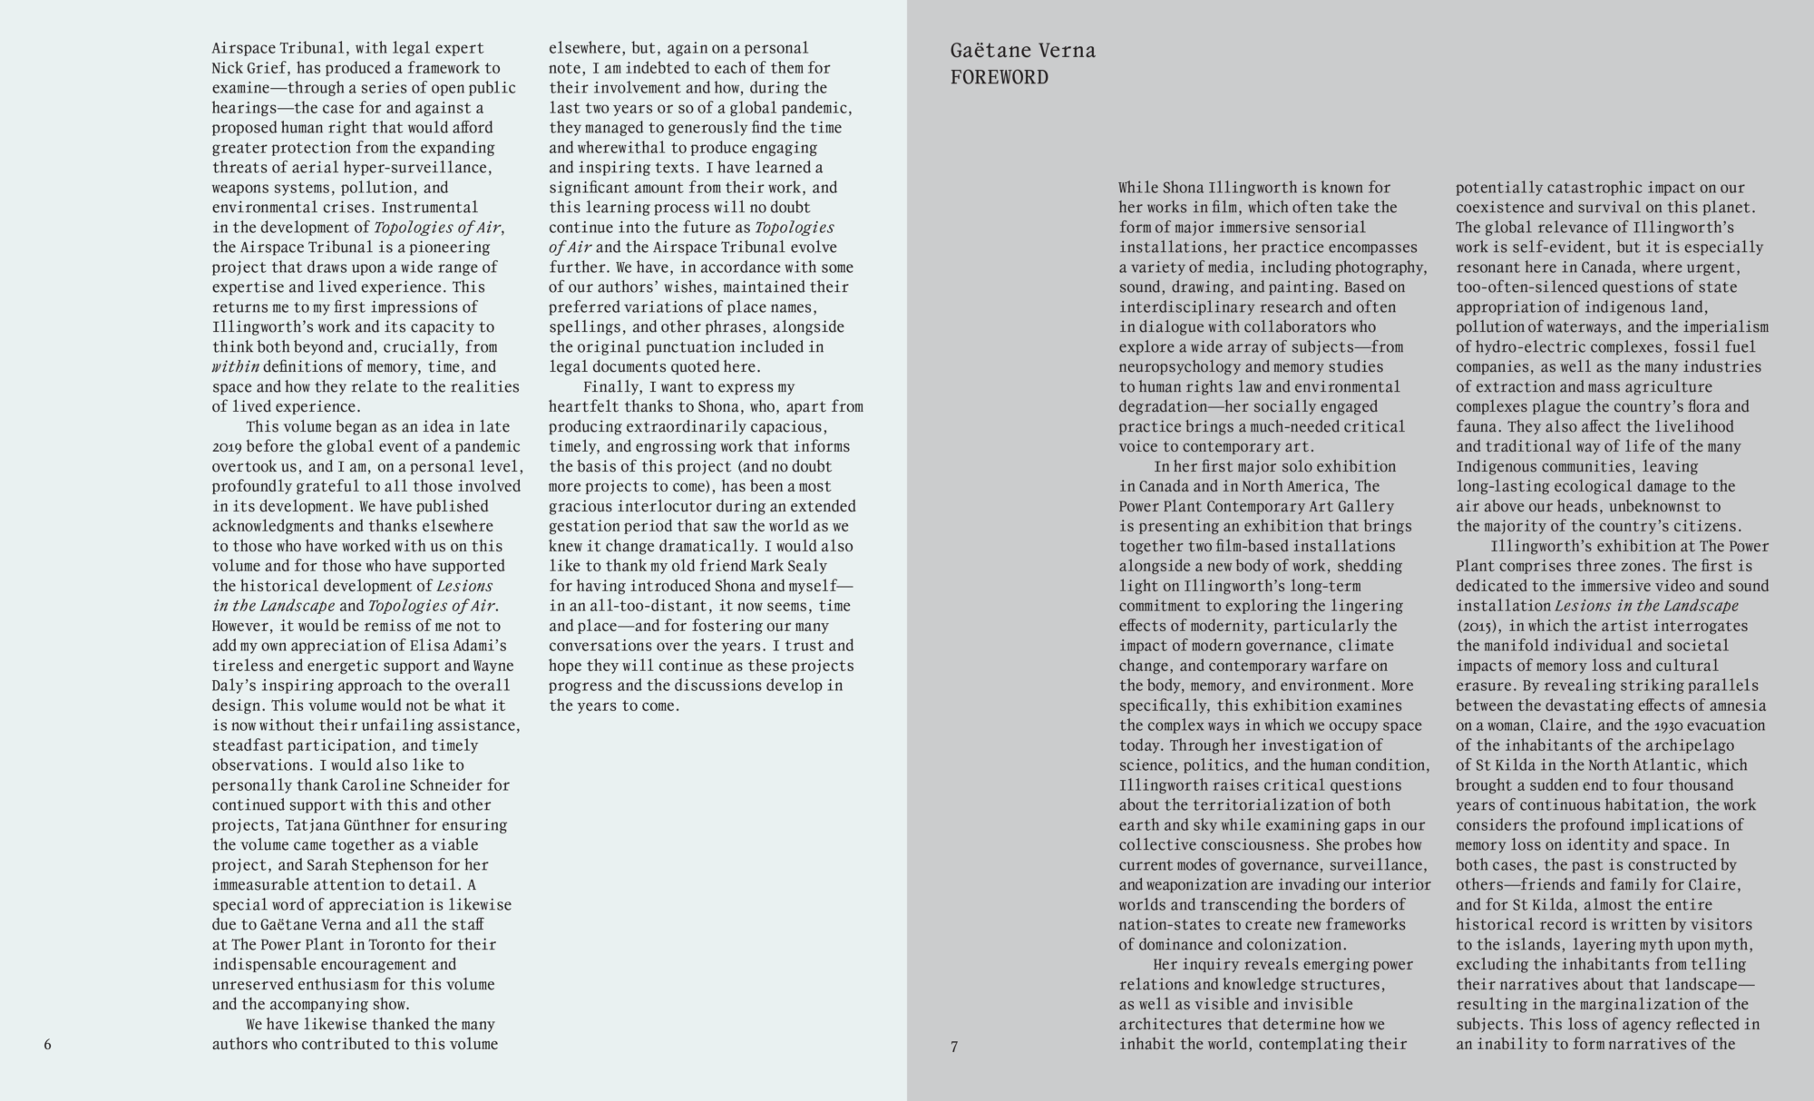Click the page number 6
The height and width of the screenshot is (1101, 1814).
(x=48, y=1045)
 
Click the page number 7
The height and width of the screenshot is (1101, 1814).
(x=954, y=1047)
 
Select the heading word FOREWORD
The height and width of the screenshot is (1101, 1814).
(x=999, y=77)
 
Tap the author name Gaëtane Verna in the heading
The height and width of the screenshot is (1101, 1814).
(x=1022, y=51)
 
